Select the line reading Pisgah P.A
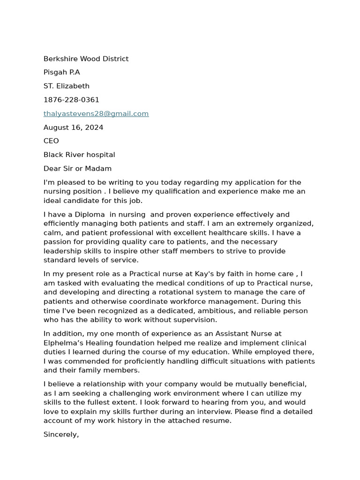click(61, 72)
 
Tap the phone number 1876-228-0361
click(71, 100)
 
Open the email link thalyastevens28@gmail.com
click(96, 113)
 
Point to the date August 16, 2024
click(73, 127)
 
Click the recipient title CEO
click(51, 141)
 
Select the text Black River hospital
click(79, 155)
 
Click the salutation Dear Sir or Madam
click(77, 169)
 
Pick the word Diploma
click(90, 215)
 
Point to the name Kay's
click(204, 274)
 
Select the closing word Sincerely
click(61, 435)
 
